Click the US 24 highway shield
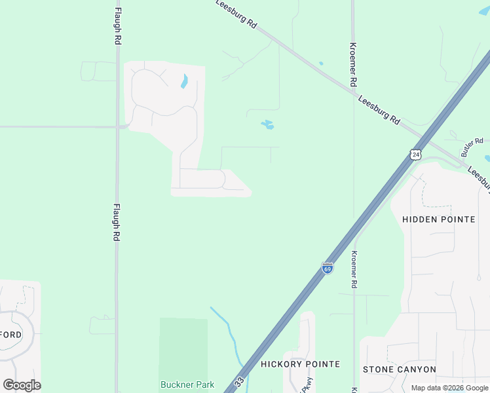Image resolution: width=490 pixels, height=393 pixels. coord(415,155)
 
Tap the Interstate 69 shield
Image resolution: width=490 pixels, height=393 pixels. coord(328,268)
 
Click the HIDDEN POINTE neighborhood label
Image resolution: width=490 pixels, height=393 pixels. coord(438,219)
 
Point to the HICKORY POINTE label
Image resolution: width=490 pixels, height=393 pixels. coord(300,364)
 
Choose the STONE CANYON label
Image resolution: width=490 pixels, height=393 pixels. coord(399,369)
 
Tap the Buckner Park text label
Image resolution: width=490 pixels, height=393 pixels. coord(183,384)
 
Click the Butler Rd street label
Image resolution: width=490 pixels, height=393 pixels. coord(472,147)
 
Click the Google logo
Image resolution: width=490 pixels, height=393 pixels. coord(22,384)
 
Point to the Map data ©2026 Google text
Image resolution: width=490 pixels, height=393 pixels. coord(449,388)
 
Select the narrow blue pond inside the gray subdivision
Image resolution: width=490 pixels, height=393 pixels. coord(185,81)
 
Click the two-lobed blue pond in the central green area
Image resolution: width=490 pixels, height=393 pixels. coord(267,124)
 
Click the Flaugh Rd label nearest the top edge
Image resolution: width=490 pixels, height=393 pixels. coord(118,26)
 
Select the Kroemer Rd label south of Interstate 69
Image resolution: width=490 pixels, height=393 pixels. coord(354,270)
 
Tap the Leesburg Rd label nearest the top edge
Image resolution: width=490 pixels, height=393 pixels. coord(236,13)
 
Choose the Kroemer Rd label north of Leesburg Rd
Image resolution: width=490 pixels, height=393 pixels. coord(353,65)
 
